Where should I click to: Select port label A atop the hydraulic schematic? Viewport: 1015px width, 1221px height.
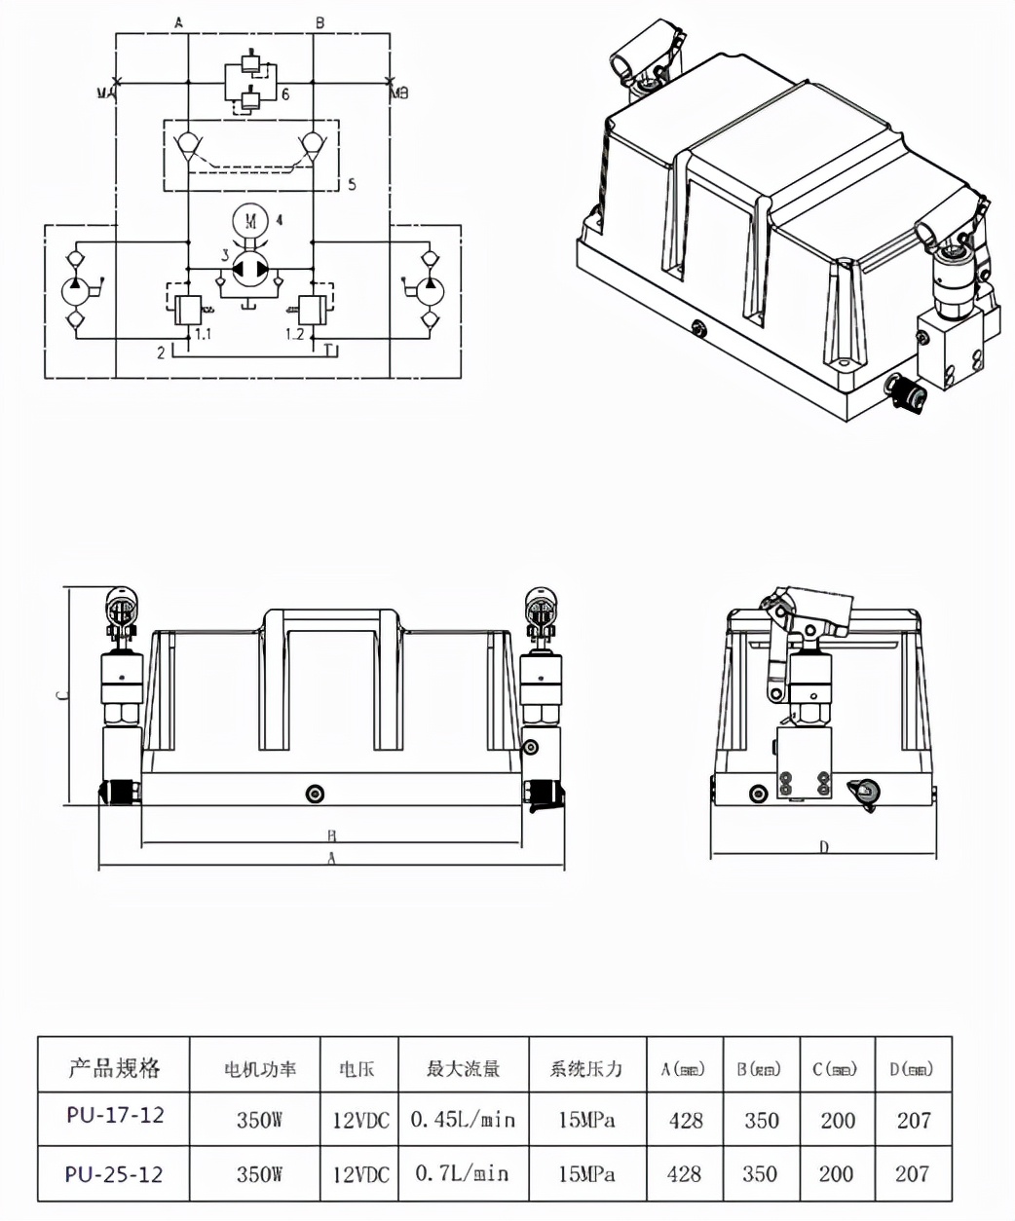coord(178,20)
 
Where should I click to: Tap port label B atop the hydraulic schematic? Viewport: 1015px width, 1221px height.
coord(320,20)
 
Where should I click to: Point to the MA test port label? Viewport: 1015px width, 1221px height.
coord(105,93)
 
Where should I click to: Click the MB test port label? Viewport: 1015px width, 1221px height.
coord(399,93)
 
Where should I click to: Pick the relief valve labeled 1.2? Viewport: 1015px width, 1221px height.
coord(313,311)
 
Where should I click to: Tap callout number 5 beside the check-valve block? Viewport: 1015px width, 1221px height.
coord(352,183)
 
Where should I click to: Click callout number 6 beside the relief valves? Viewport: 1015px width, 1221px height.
coord(285,94)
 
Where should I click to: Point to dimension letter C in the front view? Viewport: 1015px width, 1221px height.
coord(59,695)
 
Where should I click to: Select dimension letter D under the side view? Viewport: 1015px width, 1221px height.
coord(823,847)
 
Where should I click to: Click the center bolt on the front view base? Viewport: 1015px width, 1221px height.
coord(314,794)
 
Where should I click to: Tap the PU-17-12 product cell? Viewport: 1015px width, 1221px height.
coord(115,1116)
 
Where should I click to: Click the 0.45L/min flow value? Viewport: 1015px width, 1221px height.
coord(462,1120)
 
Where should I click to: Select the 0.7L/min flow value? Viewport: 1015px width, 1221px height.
coord(462,1173)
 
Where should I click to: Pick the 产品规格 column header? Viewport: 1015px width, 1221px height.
coord(114,1067)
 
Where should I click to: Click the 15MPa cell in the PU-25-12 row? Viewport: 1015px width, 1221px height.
coord(586,1174)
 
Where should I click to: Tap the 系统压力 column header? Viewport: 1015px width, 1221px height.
coord(586,1068)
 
